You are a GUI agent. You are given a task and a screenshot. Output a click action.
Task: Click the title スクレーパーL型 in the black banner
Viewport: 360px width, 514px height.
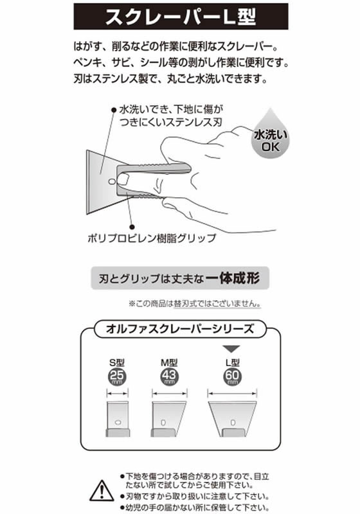click(x=181, y=17)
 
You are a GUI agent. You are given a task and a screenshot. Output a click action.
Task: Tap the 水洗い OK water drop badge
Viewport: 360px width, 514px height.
click(x=270, y=135)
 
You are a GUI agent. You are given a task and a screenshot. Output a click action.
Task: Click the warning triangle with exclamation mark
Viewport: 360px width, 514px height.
click(x=102, y=491)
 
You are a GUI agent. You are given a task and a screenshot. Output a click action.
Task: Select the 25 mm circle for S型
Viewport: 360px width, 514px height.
click(x=117, y=377)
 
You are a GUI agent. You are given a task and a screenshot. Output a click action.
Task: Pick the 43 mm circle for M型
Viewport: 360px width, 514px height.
click(x=169, y=377)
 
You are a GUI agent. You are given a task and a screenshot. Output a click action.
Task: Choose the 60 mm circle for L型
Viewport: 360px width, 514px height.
click(x=232, y=377)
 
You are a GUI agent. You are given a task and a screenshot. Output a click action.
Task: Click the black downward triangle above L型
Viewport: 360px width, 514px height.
click(x=231, y=349)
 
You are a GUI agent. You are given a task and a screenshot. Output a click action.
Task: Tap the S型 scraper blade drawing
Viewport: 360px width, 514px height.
click(x=118, y=419)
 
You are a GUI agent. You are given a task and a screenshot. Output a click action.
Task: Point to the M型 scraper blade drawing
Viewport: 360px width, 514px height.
click(x=169, y=419)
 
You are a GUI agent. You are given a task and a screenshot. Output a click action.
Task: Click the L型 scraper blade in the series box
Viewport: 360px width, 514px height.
click(x=233, y=419)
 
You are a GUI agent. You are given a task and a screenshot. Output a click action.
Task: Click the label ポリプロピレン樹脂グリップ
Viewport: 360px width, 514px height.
click(x=152, y=238)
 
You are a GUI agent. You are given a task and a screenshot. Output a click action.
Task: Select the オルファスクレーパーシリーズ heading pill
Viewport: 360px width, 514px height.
click(x=179, y=329)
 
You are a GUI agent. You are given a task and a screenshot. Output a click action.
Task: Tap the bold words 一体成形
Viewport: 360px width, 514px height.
click(x=233, y=278)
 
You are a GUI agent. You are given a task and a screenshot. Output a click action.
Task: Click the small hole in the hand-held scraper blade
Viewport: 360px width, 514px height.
click(x=112, y=181)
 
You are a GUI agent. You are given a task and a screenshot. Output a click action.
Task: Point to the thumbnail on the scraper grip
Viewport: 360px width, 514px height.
click(x=123, y=179)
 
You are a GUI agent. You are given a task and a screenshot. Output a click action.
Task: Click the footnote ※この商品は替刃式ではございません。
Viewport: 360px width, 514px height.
click(x=195, y=303)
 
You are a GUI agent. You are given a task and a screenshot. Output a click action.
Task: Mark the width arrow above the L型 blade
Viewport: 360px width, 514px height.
click(x=233, y=393)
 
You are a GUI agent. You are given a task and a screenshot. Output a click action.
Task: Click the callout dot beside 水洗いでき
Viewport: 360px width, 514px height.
click(x=114, y=111)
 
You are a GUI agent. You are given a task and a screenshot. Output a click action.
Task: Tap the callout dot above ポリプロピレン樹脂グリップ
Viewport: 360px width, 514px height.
click(x=132, y=227)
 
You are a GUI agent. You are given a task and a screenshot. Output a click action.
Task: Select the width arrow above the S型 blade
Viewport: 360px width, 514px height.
click(x=118, y=393)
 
